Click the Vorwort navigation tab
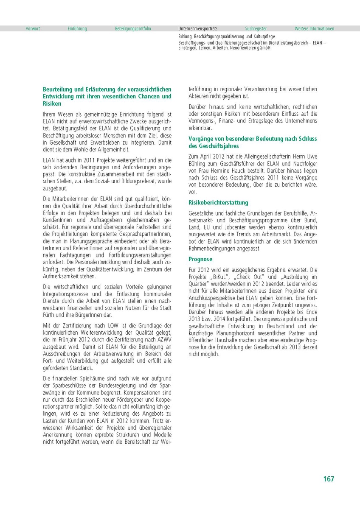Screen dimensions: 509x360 33,29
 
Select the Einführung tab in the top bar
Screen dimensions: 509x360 77,29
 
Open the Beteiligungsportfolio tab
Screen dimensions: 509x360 133,29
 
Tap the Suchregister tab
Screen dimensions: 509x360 256,29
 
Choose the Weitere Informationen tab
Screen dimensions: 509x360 315,29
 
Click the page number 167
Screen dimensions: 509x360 328,479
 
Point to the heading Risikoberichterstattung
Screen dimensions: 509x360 218,203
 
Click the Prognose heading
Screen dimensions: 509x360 200,259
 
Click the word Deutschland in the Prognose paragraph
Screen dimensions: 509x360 284,326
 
